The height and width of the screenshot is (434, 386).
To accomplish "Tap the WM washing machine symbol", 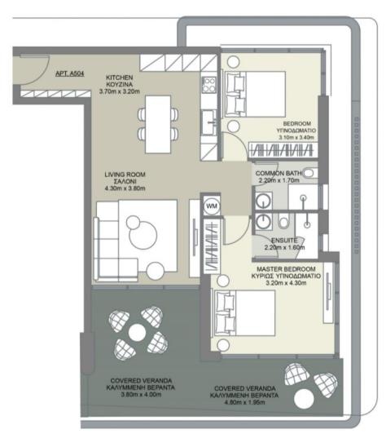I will click(x=211, y=206).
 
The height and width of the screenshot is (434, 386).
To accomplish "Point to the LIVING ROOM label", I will click(x=124, y=175).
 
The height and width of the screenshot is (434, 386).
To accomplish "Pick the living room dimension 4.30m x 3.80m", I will click(x=124, y=189).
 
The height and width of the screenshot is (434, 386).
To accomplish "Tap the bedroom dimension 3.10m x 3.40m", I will click(x=296, y=139).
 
